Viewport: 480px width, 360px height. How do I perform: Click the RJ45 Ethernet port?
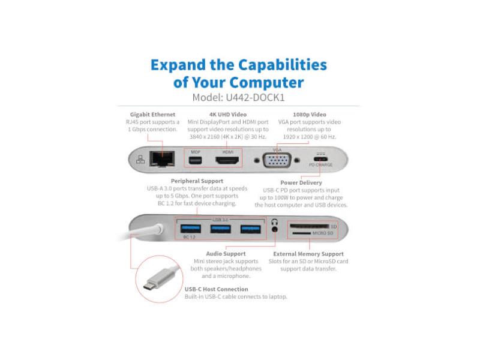click(x=162, y=159)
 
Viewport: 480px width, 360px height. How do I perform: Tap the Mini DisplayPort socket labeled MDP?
click(x=195, y=160)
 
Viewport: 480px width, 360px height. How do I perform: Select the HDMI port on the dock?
click(x=227, y=160)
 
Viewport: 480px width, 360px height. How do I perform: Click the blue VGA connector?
click(x=277, y=160)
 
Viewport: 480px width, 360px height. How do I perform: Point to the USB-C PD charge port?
click(x=320, y=159)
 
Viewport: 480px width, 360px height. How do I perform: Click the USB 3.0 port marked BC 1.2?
click(x=191, y=229)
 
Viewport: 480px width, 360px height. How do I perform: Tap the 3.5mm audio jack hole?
click(x=275, y=229)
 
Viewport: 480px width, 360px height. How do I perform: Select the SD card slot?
click(x=310, y=226)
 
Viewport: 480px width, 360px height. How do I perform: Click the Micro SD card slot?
click(x=302, y=233)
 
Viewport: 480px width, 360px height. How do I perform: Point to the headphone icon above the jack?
click(x=275, y=222)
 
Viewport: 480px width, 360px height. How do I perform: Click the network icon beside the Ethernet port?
click(x=140, y=159)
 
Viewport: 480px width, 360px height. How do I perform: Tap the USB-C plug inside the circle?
click(x=155, y=281)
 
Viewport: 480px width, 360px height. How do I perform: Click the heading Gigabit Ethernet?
click(x=152, y=115)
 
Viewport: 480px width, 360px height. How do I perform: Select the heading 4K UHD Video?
click(x=228, y=115)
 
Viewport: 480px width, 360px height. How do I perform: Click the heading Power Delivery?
click(x=301, y=183)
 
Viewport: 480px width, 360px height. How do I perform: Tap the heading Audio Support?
click(x=226, y=254)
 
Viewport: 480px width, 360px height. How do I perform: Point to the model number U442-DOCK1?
click(x=256, y=97)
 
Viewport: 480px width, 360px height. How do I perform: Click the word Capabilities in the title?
click(x=283, y=65)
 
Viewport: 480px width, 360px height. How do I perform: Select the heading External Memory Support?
click(x=308, y=254)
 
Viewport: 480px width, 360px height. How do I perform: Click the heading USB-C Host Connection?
click(x=217, y=289)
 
